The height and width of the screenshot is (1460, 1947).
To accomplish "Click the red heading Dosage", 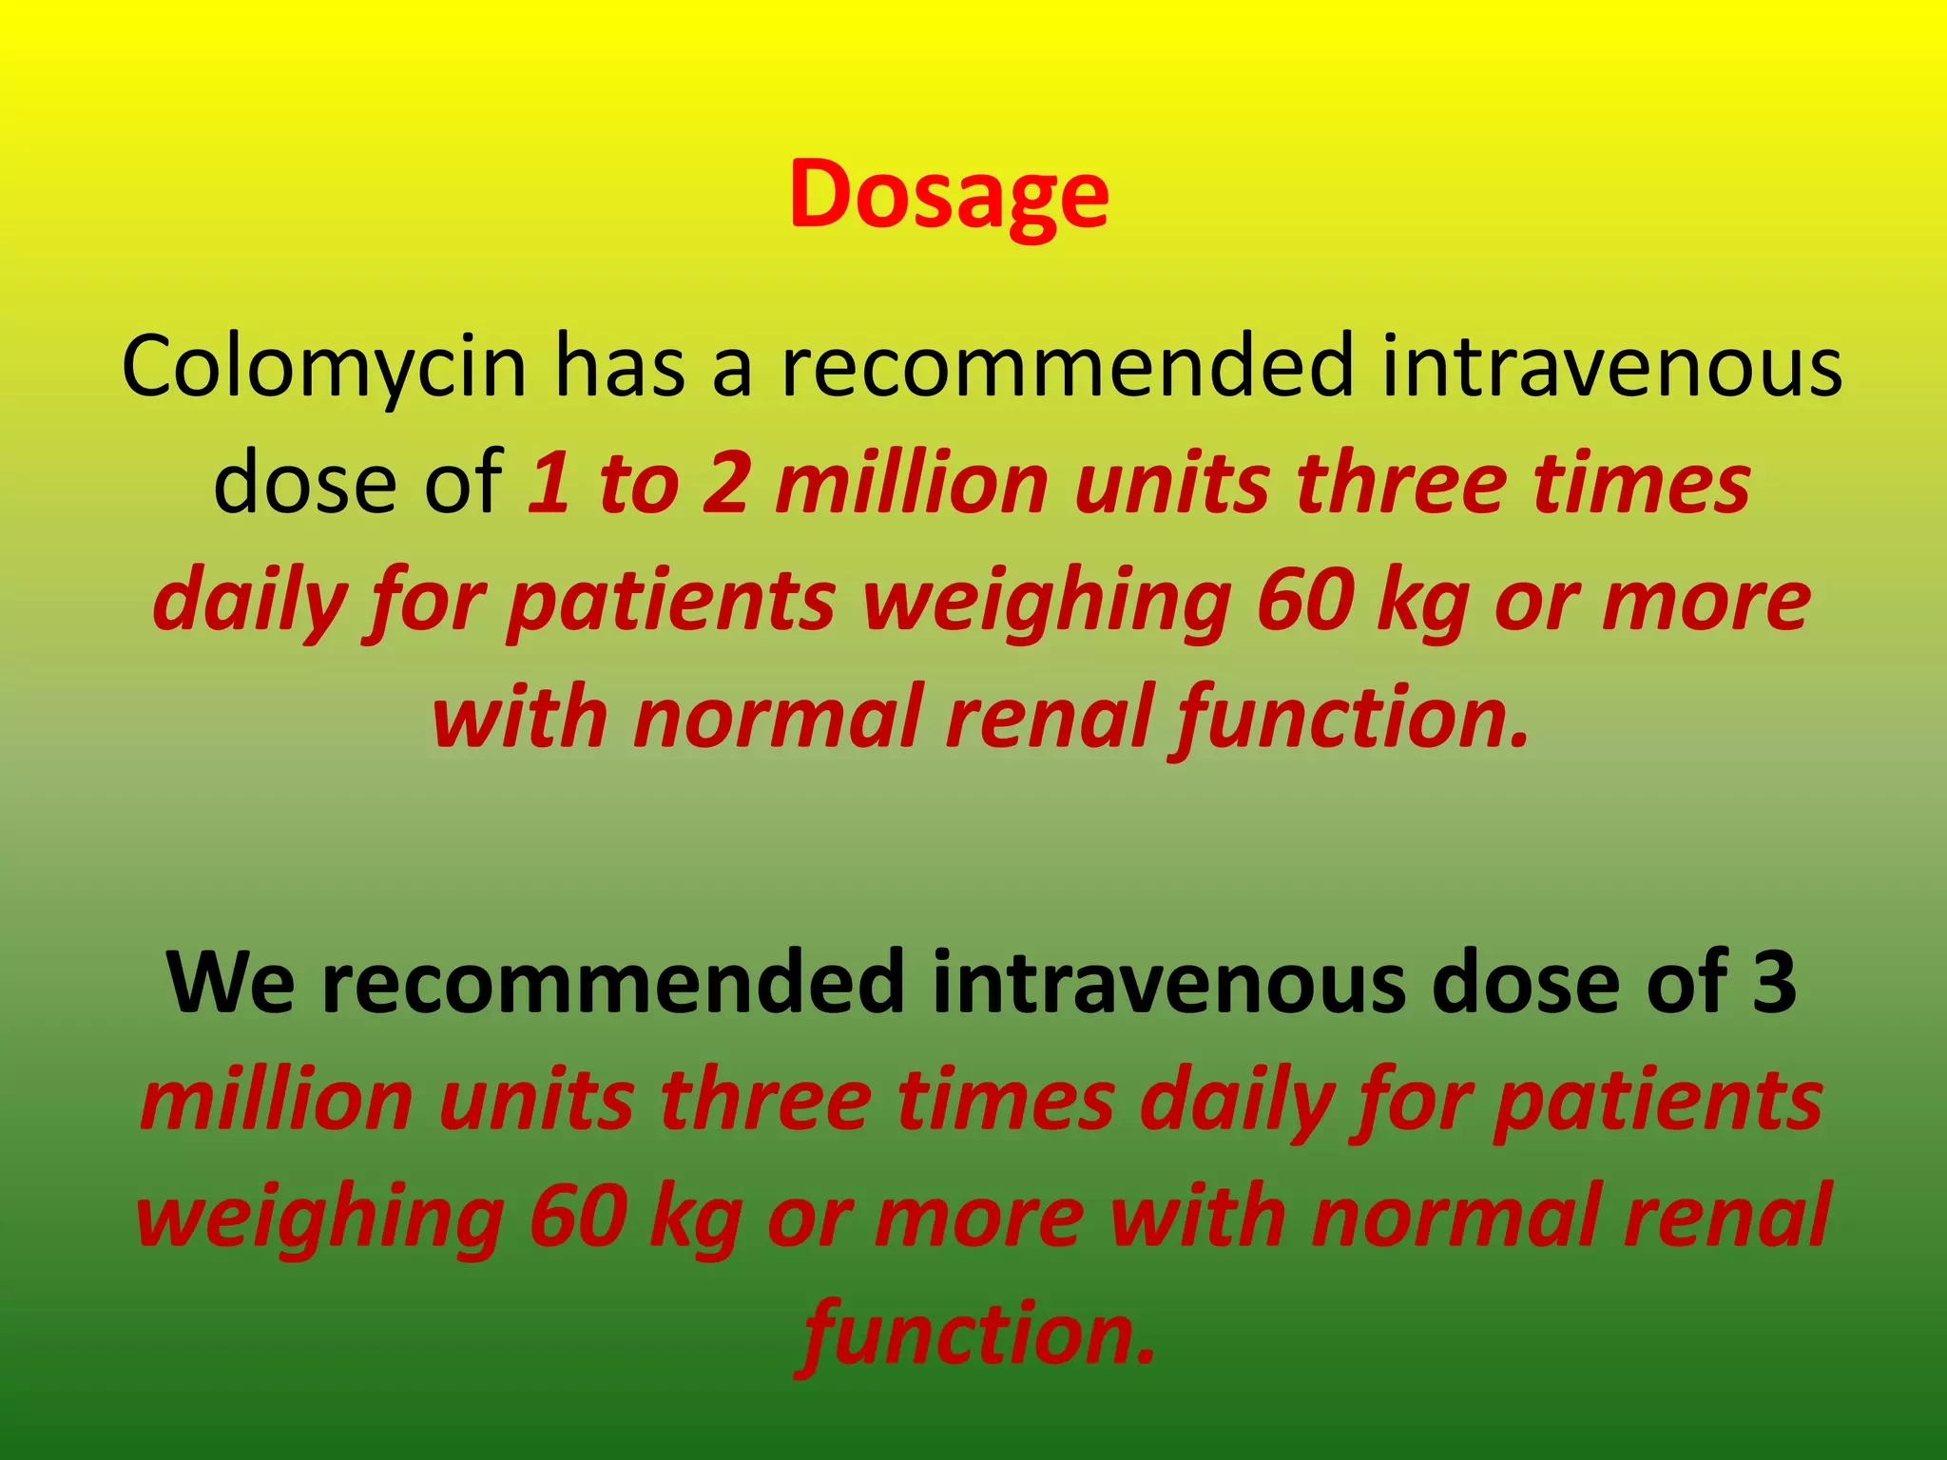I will (x=949, y=195).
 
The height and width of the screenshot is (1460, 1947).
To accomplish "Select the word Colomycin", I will (x=324, y=367).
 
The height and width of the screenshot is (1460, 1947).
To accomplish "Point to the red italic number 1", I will (x=549, y=485).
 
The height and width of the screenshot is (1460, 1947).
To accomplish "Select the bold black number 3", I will (x=1774, y=983).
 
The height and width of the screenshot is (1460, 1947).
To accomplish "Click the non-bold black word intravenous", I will (x=1611, y=367).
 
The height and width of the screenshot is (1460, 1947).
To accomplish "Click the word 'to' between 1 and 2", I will (x=638, y=485).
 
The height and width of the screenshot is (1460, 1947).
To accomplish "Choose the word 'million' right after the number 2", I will (x=911, y=485).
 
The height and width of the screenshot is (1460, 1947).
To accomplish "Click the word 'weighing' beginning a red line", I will (x=319, y=1217).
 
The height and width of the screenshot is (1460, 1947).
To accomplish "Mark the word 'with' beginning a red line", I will (x=519, y=718).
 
